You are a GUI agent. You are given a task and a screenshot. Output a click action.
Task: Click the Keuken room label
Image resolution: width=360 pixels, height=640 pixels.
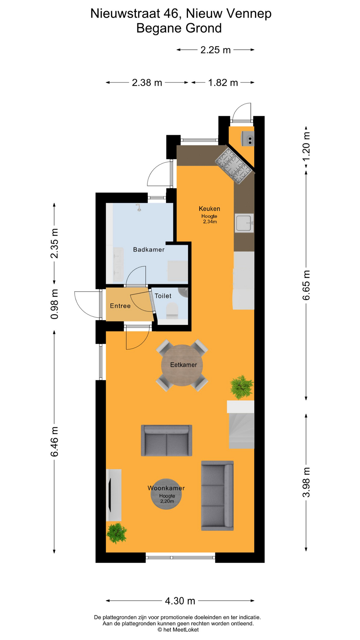(209, 209)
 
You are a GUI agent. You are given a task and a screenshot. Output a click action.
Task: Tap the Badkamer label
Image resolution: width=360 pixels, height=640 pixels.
(149, 250)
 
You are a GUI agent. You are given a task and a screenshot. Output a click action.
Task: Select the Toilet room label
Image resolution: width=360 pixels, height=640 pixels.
(163, 296)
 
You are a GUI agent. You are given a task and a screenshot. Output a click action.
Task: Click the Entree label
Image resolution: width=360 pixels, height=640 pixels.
(120, 306)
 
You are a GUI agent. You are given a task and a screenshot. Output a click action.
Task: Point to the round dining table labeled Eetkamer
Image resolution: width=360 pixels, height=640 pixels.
(182, 365)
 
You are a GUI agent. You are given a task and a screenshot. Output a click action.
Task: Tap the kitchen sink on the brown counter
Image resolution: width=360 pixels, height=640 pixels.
(244, 223)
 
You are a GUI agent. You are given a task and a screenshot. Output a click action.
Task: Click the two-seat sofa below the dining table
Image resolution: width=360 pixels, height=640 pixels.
(166, 440)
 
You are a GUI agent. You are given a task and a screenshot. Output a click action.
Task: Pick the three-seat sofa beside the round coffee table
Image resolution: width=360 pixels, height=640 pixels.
(217, 495)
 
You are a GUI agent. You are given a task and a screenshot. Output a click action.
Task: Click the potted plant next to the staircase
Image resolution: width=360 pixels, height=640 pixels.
(242, 387)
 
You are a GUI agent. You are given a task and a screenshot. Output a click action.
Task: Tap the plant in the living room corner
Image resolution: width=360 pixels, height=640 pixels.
(116, 533)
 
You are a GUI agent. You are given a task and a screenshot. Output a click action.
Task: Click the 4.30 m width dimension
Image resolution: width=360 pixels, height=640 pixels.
(180, 601)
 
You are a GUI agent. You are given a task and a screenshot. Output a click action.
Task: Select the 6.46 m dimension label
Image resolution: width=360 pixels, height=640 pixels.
(54, 442)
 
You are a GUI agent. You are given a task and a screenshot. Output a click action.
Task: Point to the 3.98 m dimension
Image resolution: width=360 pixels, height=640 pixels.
(306, 482)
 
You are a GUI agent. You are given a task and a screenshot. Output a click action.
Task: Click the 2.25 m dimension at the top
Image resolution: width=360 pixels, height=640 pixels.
(215, 50)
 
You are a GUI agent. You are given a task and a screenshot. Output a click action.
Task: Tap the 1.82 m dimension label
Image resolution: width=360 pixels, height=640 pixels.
(223, 83)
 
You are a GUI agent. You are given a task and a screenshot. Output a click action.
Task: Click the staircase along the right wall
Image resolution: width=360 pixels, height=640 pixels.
(241, 430)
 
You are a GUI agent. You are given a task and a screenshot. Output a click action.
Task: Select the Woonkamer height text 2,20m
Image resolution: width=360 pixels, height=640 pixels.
(167, 501)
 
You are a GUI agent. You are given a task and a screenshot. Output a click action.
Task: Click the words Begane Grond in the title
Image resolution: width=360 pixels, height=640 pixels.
(179, 28)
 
